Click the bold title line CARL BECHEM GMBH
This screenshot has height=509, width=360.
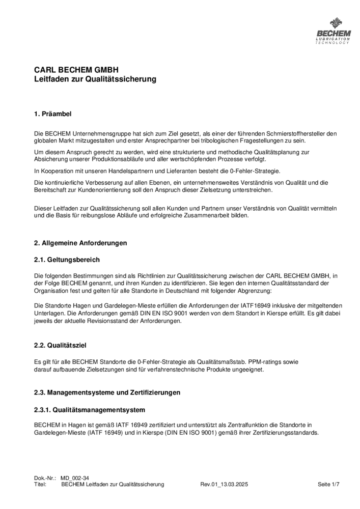pyautogui.click(x=76, y=70)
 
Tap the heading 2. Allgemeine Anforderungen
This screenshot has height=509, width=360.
pyautogui.click(x=80, y=243)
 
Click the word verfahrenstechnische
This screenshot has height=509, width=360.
pyautogui.click(x=174, y=370)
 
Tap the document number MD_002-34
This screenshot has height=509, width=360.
pyautogui.click(x=75, y=478)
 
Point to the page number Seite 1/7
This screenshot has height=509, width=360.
pyautogui.click(x=328, y=485)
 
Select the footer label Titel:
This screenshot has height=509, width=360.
pyautogui.click(x=40, y=485)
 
